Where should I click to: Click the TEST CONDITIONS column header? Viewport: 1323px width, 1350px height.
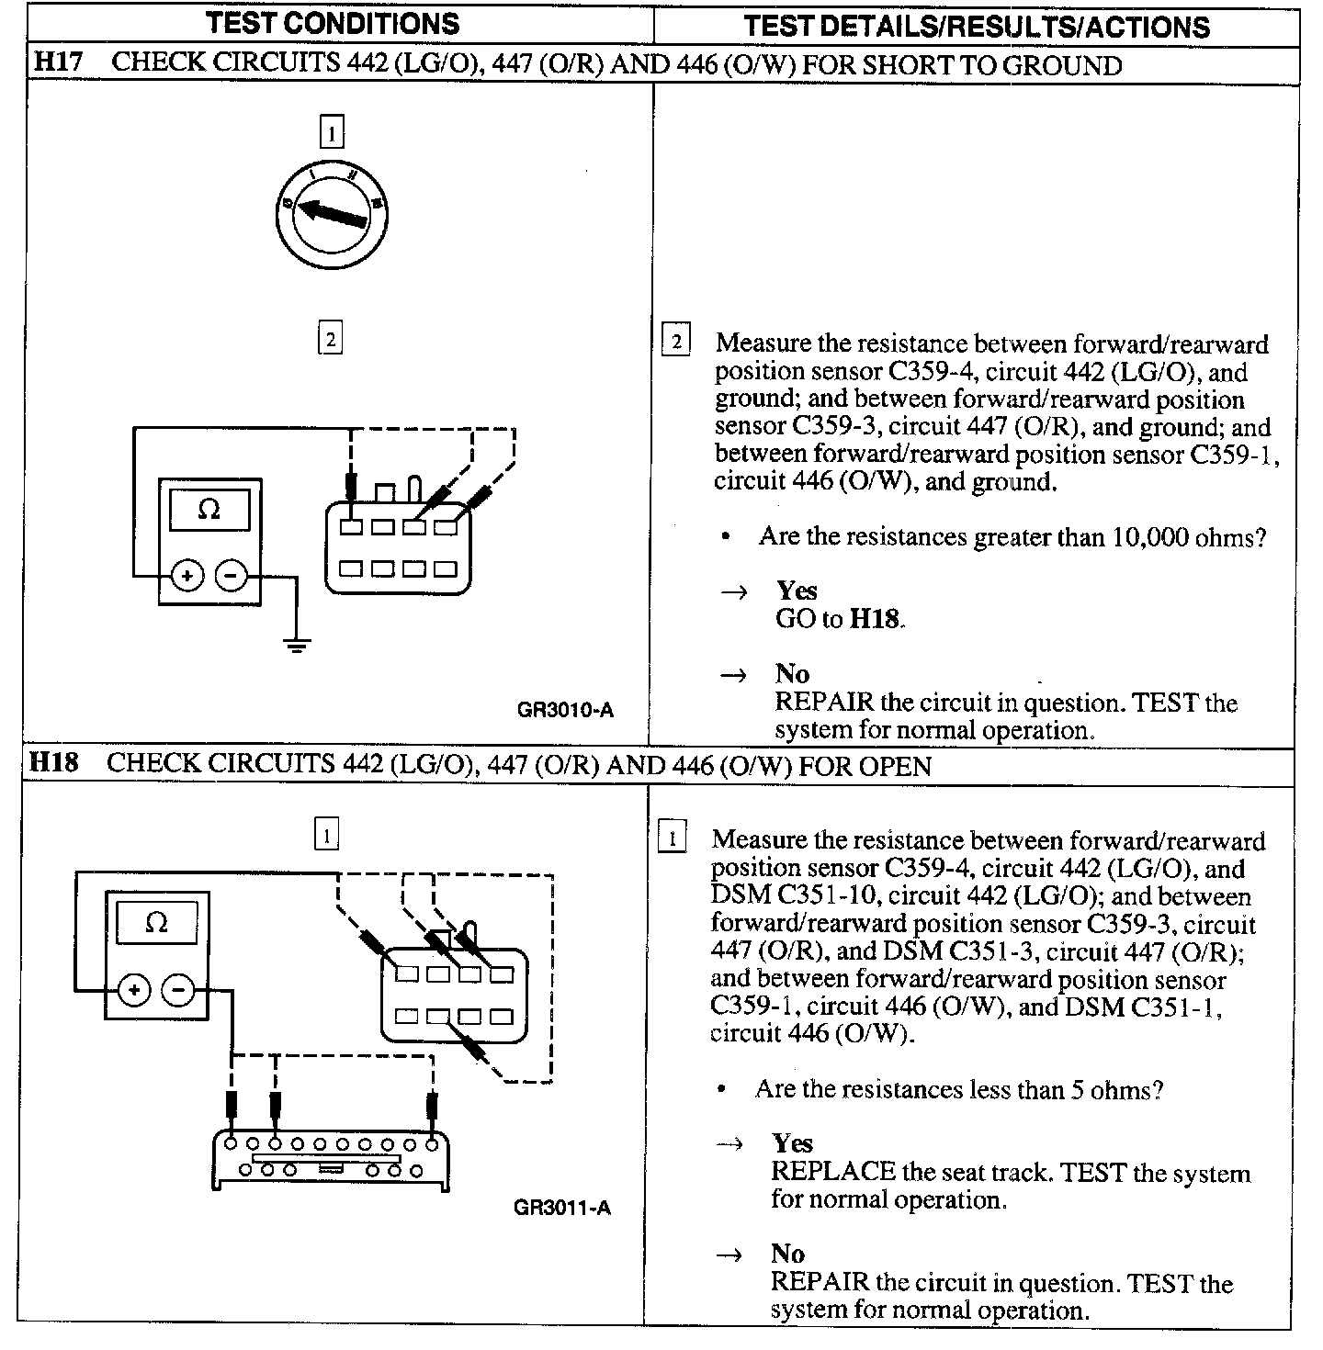pyautogui.click(x=333, y=24)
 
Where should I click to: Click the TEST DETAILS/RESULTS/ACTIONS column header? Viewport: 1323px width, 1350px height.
pyautogui.click(x=976, y=26)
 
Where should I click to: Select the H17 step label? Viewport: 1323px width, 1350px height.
pyautogui.click(x=58, y=64)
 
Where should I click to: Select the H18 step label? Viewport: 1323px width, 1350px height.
pyautogui.click(x=54, y=764)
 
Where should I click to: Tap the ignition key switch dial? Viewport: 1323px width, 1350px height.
pyautogui.click(x=331, y=210)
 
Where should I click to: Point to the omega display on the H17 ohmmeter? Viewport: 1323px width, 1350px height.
pyautogui.click(x=209, y=510)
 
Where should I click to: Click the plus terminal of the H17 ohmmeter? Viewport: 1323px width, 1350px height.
pyautogui.click(x=187, y=577)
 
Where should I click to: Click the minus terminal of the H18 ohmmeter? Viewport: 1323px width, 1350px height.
pyautogui.click(x=178, y=990)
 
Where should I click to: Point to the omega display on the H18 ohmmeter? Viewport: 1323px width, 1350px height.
pyautogui.click(x=157, y=922)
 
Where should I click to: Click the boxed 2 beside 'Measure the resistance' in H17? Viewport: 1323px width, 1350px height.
pyautogui.click(x=676, y=343)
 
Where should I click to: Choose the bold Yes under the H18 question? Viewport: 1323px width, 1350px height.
pyautogui.click(x=792, y=1143)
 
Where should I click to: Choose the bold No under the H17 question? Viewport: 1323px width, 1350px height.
pyautogui.click(x=791, y=675)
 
